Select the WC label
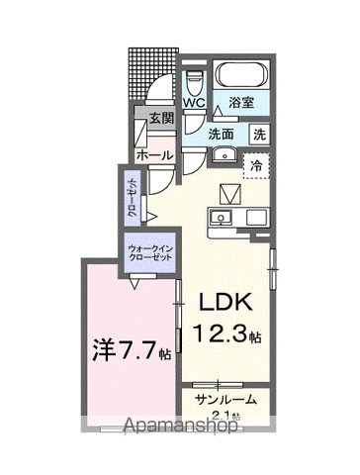click(x=192, y=102)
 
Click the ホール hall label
click(x=156, y=155)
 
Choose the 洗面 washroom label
click(x=221, y=135)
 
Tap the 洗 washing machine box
click(x=259, y=135)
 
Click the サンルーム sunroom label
click(x=225, y=401)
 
